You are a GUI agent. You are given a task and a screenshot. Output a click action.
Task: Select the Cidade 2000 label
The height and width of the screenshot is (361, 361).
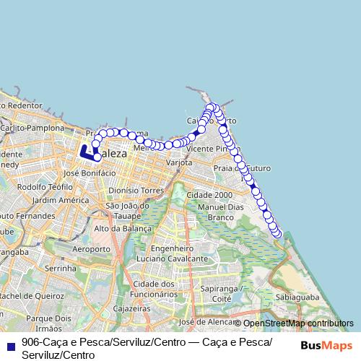(209, 195)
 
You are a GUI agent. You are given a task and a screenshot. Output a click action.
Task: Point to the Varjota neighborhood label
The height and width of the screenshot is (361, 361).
(179, 163)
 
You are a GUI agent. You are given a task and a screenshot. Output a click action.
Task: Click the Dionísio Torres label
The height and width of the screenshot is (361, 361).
(135, 191)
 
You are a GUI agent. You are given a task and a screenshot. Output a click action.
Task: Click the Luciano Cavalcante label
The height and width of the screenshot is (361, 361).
(161, 258)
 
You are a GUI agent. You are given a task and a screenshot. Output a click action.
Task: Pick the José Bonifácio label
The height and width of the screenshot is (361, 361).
(90, 173)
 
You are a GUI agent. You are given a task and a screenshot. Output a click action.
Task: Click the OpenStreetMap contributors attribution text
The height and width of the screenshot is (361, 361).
(298, 323)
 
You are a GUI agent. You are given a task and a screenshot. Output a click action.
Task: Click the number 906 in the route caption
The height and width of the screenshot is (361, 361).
(30, 342)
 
